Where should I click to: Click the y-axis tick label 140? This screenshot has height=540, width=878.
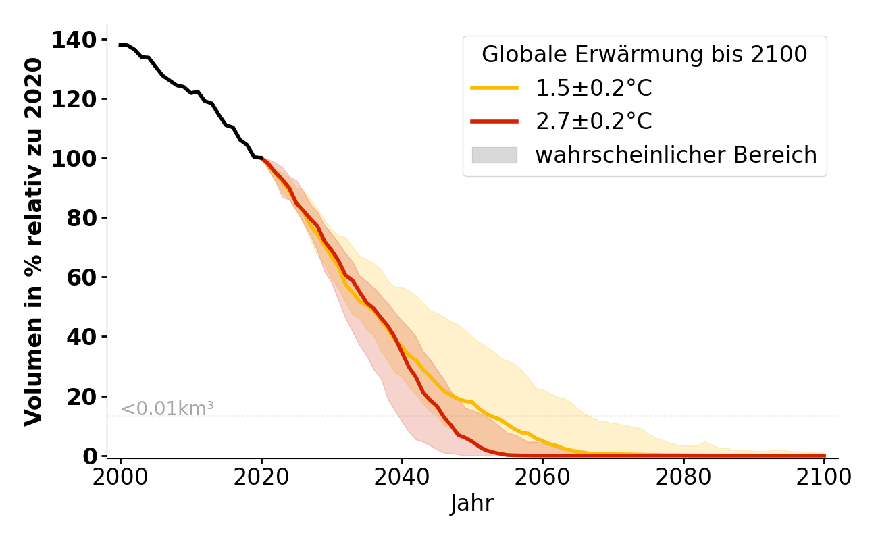[73, 40]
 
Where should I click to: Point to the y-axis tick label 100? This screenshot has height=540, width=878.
[73, 159]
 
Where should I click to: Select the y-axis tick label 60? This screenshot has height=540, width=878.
[82, 277]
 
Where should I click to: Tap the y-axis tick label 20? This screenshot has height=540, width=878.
[82, 396]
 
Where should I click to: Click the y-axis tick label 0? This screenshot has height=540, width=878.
[91, 456]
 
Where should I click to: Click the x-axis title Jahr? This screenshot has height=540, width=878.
[472, 504]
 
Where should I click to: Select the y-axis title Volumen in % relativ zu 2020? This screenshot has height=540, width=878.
[34, 242]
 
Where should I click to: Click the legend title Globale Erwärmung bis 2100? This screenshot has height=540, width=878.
[644, 55]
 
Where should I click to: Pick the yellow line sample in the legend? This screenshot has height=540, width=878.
[494, 88]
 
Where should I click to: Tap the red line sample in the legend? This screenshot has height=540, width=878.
[494, 122]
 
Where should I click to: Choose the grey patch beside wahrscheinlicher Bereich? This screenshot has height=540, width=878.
[494, 155]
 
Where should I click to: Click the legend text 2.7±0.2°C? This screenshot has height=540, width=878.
[594, 122]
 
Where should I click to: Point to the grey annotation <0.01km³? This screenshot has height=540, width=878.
[167, 408]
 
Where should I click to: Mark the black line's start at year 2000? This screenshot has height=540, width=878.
[121, 45]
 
